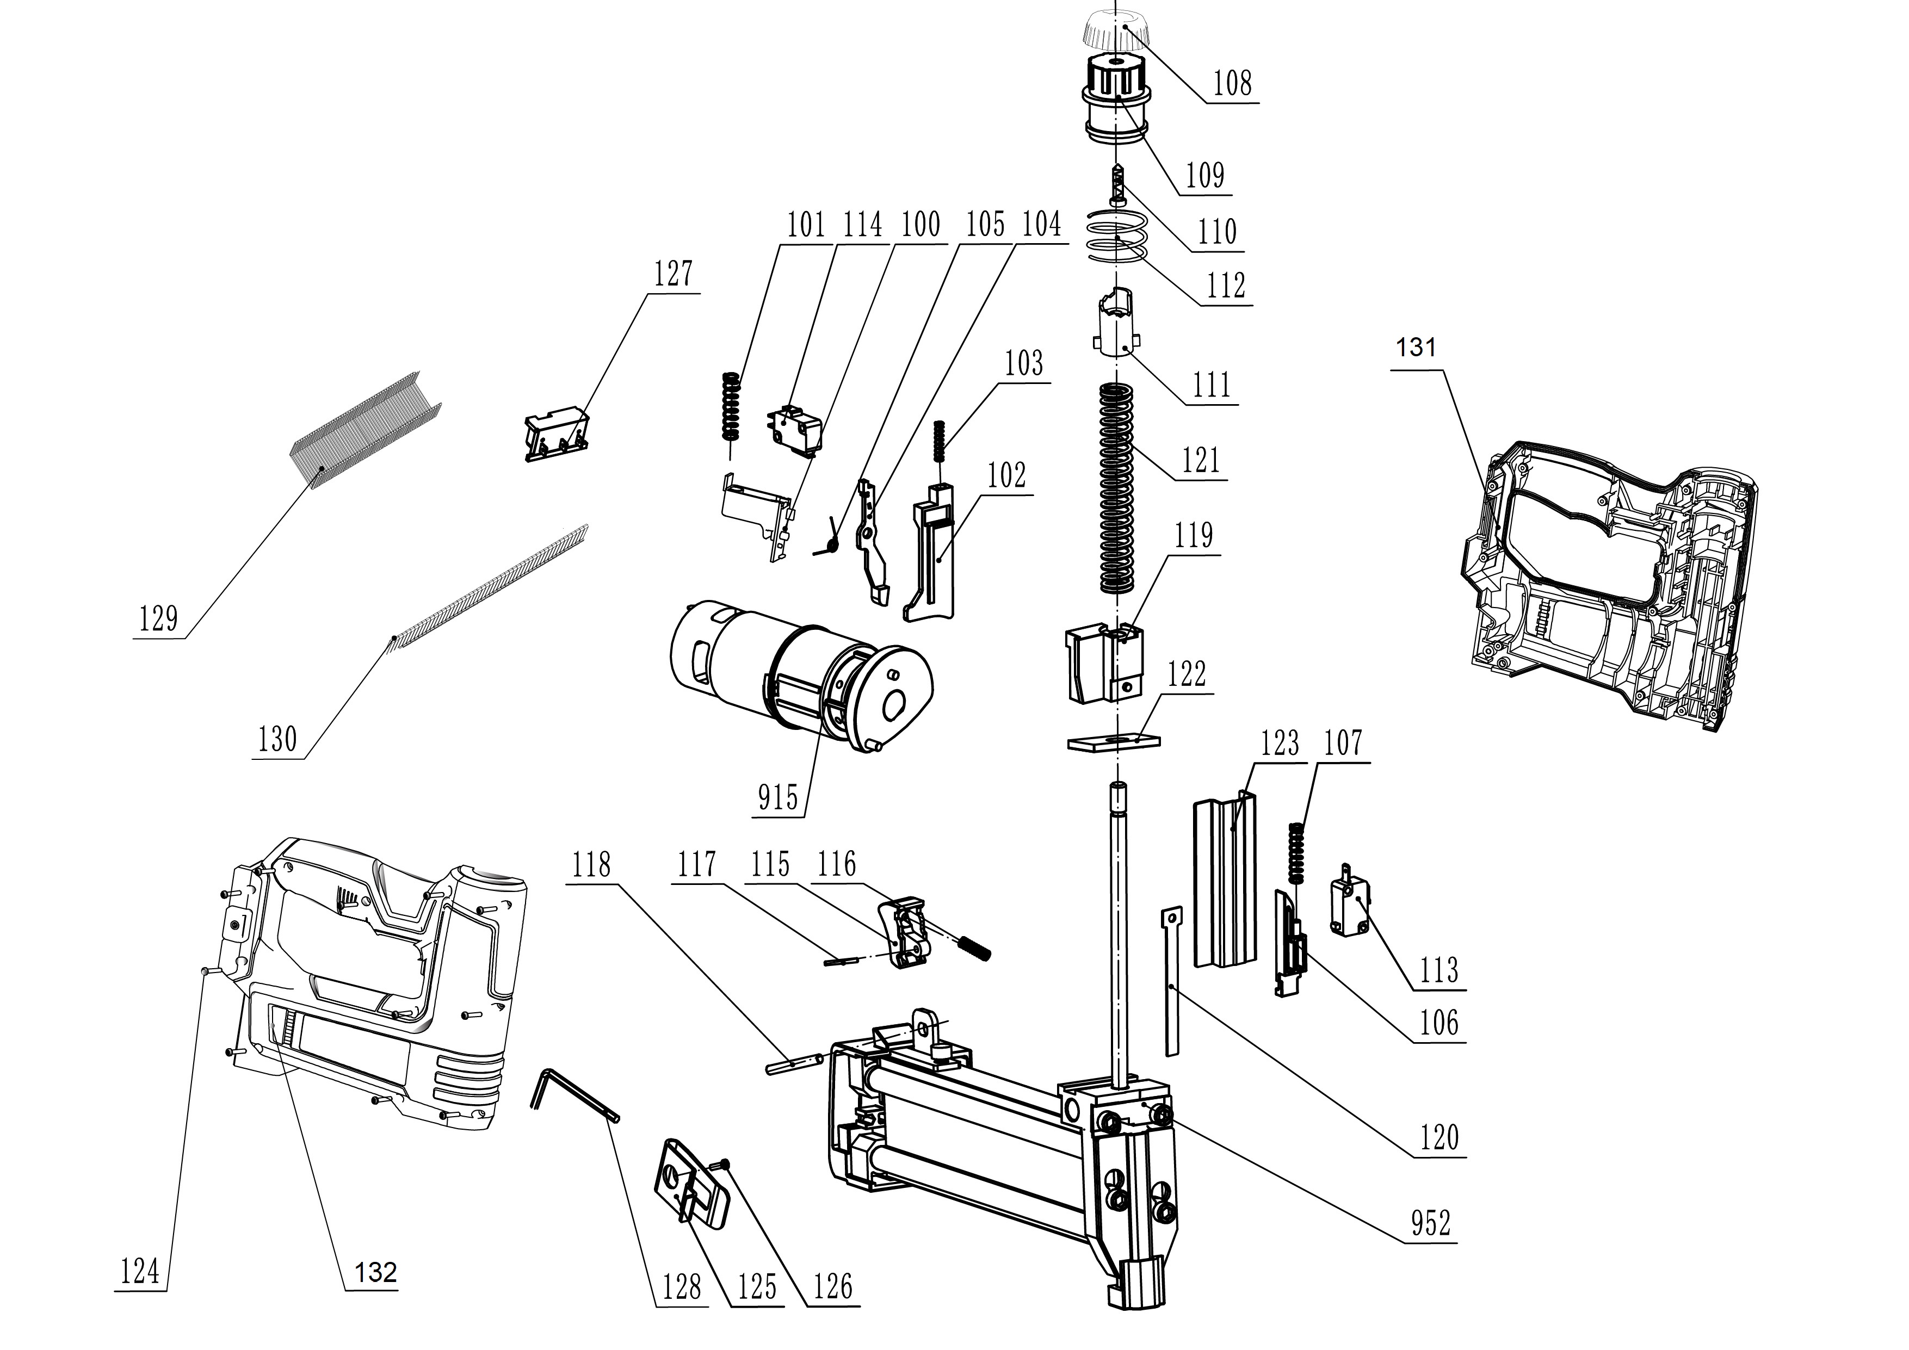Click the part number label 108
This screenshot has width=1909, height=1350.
tap(1231, 84)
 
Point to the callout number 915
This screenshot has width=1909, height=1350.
tap(777, 798)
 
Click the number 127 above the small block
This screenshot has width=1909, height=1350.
tap(672, 274)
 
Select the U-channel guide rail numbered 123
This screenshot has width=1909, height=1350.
tap(1225, 881)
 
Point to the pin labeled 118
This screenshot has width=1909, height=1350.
tap(794, 1064)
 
